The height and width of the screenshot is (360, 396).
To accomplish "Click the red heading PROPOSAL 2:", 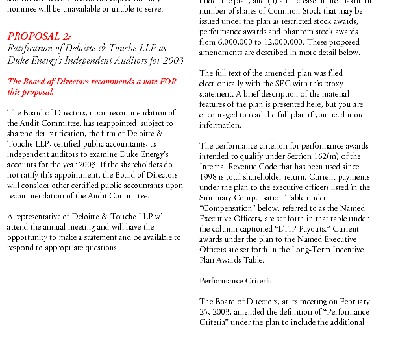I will tap(40, 36).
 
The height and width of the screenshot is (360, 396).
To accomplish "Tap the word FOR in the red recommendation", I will tap(167, 82).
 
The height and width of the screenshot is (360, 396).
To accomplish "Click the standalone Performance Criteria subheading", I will tap(235, 281).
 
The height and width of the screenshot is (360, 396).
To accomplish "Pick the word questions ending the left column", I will tap(100, 248).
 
